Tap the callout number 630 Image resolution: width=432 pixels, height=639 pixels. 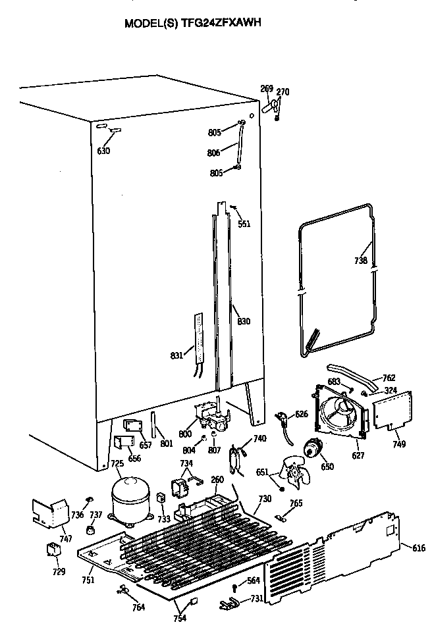coord(103,151)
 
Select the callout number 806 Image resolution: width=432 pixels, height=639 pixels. coord(214,153)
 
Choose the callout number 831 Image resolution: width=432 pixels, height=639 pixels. coord(176,355)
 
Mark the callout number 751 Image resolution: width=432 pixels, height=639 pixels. coord(88,580)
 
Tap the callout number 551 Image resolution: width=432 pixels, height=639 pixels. coord(244,223)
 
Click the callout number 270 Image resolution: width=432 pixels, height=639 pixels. coord(283,91)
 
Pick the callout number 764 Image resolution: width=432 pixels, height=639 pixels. coord(138,607)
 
